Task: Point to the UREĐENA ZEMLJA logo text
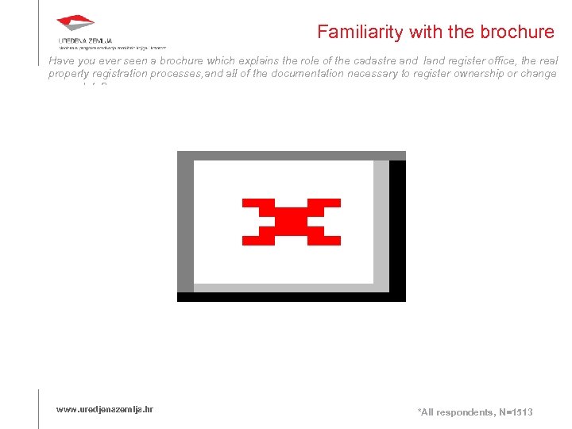coord(85,41)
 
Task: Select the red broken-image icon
coord(292,222)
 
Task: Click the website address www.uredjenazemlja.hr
coord(104,409)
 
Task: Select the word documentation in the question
coord(296,74)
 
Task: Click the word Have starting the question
coord(60,60)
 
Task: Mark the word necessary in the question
coord(373,74)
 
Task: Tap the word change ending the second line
coord(540,74)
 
